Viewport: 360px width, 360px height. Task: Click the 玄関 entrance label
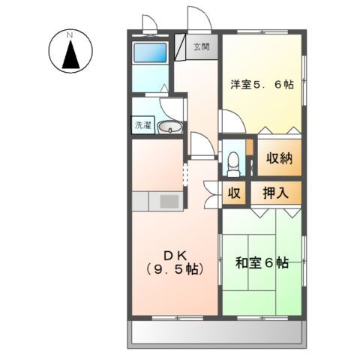200,46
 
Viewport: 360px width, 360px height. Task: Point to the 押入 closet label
276,193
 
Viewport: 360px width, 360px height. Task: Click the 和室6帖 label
262,263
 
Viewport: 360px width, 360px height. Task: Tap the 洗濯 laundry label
142,126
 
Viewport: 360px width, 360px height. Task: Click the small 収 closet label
234,193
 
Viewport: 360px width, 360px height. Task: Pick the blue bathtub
150,53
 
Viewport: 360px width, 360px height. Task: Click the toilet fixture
234,160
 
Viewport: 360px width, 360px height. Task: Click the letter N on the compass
69,35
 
